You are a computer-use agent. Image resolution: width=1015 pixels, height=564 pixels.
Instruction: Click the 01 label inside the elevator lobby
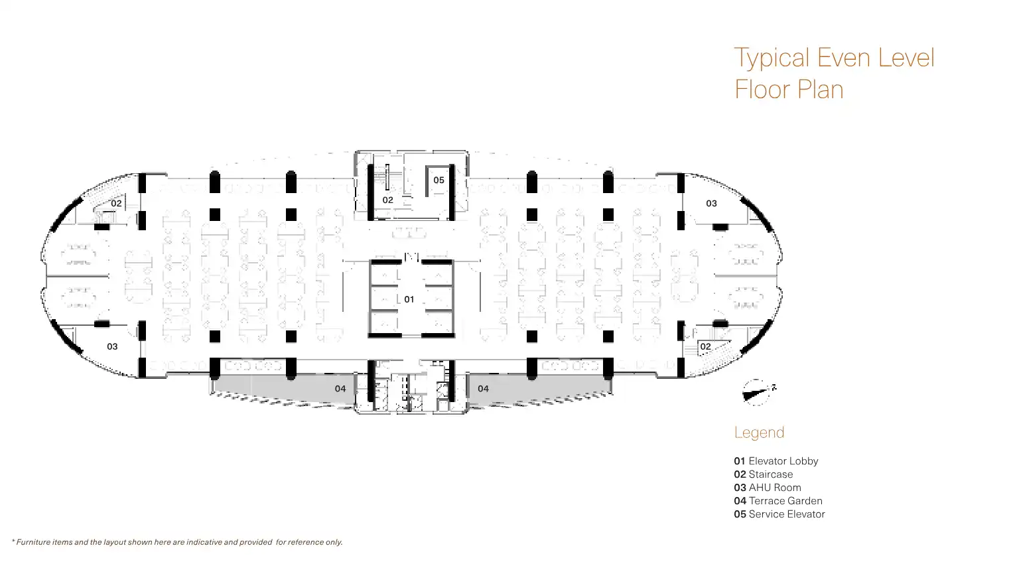tap(409, 299)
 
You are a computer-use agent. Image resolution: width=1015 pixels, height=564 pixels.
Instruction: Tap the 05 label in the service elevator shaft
tap(439, 180)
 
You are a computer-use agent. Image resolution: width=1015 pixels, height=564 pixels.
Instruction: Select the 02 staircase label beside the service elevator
tap(387, 200)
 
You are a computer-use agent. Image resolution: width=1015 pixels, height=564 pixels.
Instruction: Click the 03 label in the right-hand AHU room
tap(711, 203)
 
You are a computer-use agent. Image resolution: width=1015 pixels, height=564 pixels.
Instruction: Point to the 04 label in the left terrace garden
tap(340, 388)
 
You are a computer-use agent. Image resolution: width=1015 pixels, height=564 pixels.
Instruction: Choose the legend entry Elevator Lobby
tap(776, 461)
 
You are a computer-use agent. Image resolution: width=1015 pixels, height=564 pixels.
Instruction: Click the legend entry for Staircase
tap(763, 474)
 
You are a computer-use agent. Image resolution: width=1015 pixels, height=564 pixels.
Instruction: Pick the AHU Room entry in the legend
tap(767, 488)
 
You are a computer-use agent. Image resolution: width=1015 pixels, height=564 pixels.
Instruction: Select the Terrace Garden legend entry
tap(778, 501)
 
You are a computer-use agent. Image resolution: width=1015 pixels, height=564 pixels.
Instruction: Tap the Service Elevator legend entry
tap(779, 514)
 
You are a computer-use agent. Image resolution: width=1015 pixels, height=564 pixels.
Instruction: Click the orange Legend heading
tap(759, 433)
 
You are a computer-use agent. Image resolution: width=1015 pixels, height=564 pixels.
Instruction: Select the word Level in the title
tap(906, 58)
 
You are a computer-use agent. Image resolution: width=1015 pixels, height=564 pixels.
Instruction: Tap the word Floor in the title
tap(762, 90)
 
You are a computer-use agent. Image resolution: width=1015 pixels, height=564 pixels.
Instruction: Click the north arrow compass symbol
tap(756, 392)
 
